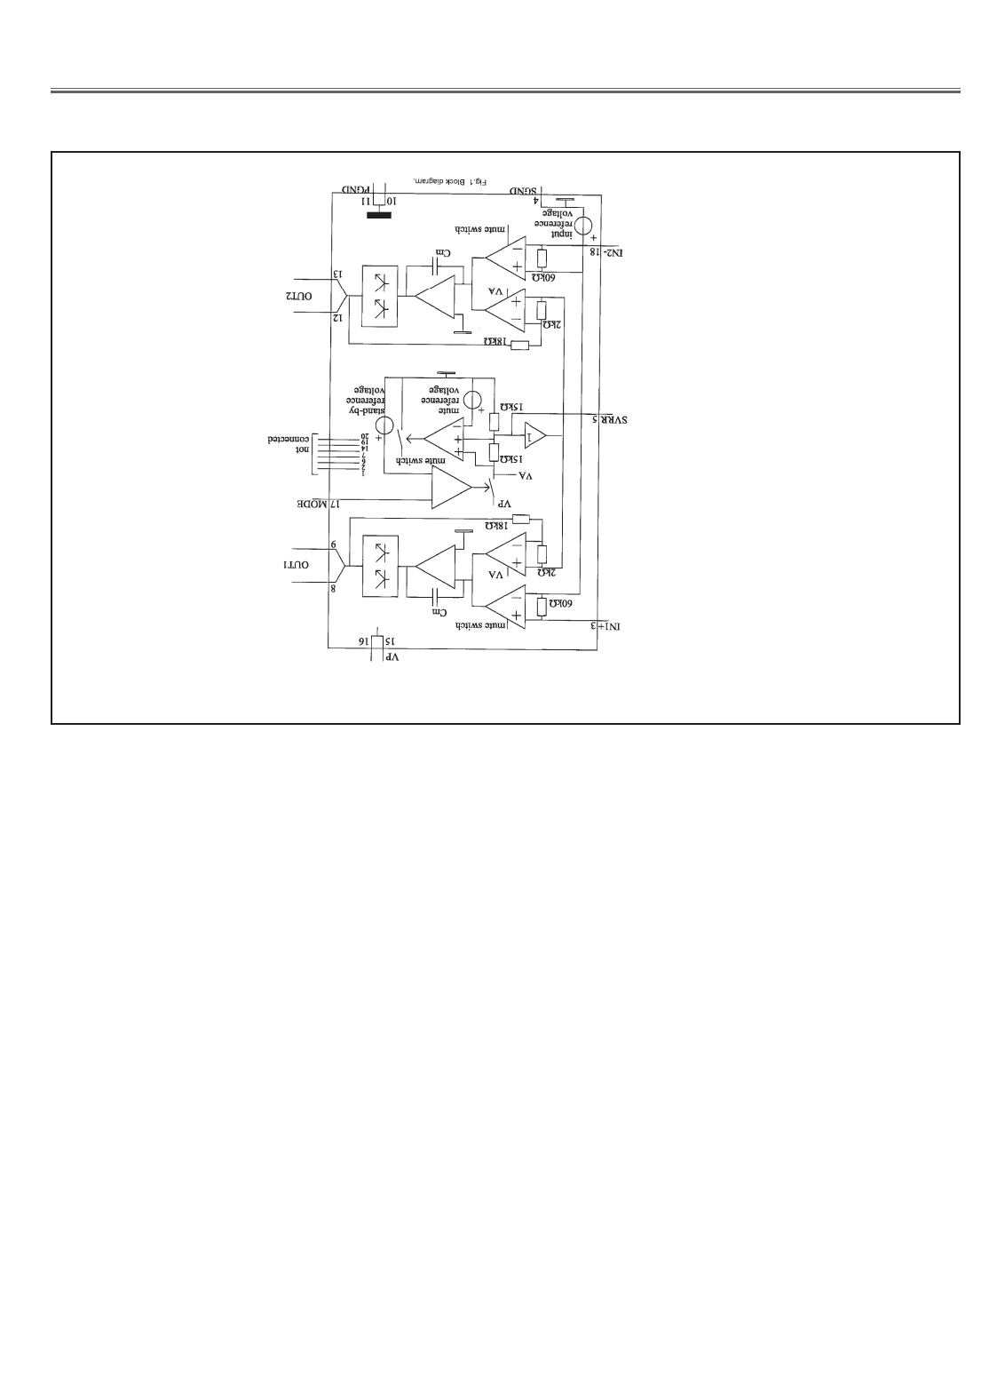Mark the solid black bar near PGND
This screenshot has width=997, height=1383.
point(380,214)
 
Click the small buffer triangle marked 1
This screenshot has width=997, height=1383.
point(535,435)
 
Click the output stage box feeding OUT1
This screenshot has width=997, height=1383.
point(379,565)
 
